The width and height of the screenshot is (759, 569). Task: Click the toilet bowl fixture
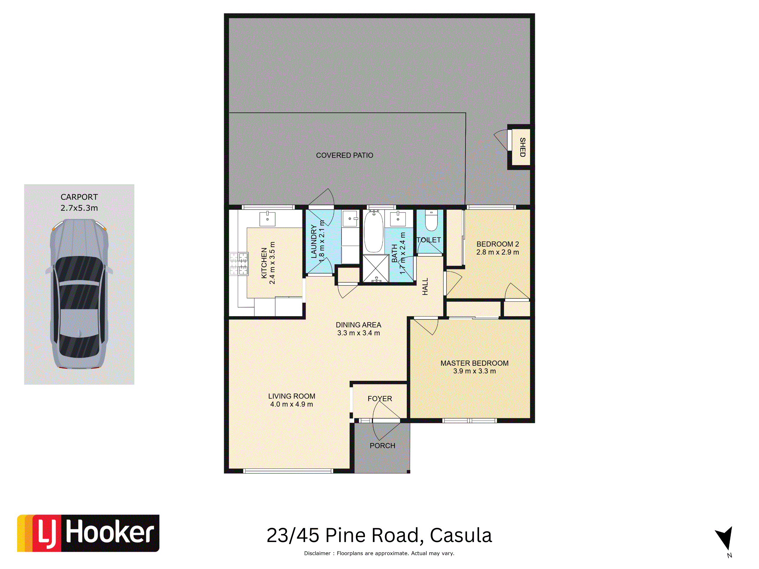(431, 220)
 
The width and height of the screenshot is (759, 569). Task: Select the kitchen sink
(267, 218)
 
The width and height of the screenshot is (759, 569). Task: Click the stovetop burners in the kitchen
(239, 264)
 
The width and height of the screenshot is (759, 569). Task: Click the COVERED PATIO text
(345, 155)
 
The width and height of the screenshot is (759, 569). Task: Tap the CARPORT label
(79, 197)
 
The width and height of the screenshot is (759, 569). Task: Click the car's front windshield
(79, 268)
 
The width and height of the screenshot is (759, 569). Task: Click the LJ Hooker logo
(88, 533)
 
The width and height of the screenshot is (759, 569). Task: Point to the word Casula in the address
(461, 536)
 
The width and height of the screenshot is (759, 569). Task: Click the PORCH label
(382, 445)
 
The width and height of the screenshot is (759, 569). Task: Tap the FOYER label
(379, 399)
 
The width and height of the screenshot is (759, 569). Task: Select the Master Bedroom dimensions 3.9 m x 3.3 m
(474, 371)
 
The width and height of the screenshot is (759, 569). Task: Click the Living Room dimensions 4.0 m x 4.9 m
(291, 404)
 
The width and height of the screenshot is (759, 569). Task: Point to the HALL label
(425, 286)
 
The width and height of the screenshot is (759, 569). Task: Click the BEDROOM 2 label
(498, 244)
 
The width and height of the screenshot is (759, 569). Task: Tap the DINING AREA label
(358, 325)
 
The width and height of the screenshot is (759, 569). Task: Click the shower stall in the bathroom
(376, 268)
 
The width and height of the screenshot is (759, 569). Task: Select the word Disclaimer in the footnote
(318, 553)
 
